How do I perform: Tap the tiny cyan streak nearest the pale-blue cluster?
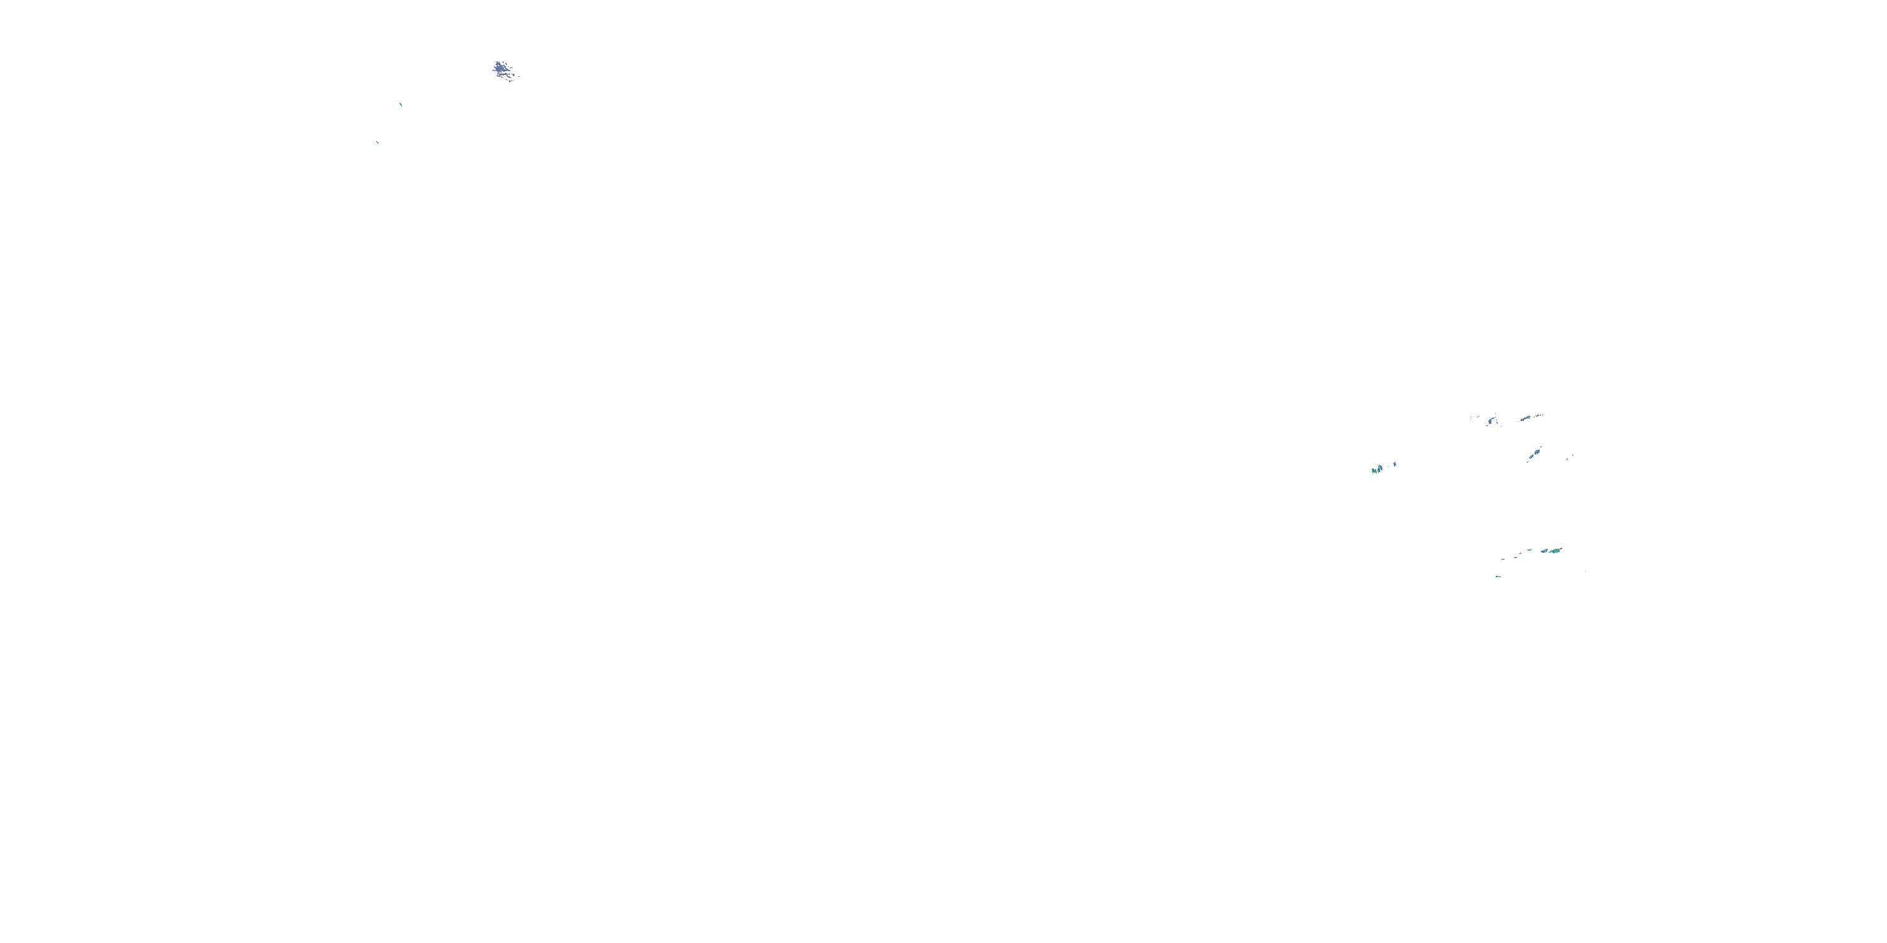[x=401, y=104]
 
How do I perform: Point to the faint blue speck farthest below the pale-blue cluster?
[x=377, y=142]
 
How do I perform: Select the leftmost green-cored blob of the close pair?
[x=1374, y=470]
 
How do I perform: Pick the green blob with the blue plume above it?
[x=1379, y=467]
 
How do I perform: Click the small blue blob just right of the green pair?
[x=1394, y=464]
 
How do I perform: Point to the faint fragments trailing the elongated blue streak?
[x=1474, y=417]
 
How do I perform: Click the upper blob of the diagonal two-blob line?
[x=1537, y=450]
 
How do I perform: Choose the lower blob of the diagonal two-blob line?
[x=1531, y=458]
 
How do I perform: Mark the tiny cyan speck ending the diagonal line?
[x=1527, y=462]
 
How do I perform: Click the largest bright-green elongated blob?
[x=1555, y=550]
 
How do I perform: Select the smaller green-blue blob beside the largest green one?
[x=1544, y=551]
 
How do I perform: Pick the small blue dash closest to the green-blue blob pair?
[x=1530, y=551]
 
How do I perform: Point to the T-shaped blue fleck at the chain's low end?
[x=1503, y=560]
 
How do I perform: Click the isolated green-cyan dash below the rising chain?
[x=1497, y=576]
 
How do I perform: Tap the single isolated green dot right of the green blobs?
[x=1586, y=571]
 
